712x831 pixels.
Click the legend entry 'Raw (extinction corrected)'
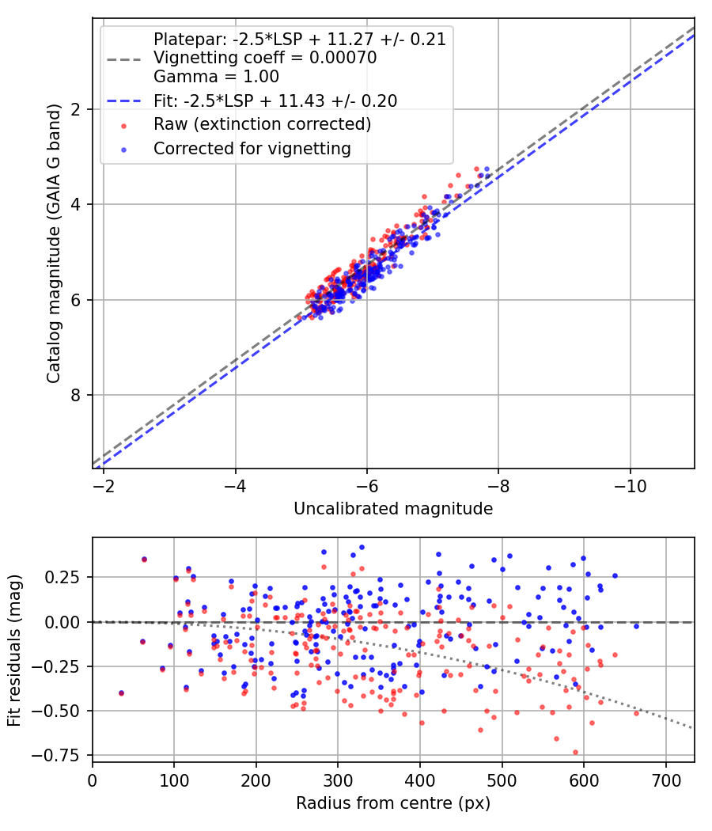click(262, 124)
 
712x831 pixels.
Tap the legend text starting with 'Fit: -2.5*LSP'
click(275, 101)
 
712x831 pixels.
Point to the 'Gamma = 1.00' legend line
click(216, 77)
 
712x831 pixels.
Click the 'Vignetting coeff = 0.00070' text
click(264, 58)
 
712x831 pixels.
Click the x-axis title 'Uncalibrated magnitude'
click(393, 509)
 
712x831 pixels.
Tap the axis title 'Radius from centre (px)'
click(393, 803)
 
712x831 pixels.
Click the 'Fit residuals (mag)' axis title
click(13, 650)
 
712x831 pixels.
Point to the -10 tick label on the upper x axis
click(629, 483)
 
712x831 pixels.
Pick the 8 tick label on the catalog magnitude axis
click(76, 395)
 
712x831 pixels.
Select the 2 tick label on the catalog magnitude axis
click(76, 108)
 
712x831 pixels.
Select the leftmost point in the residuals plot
click(121, 692)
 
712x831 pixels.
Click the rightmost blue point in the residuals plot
click(636, 626)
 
